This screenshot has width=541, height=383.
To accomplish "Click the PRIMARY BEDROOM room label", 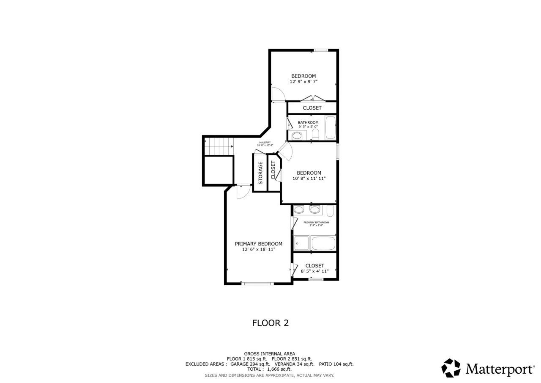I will [258, 244].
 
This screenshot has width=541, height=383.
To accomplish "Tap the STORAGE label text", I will [260, 173].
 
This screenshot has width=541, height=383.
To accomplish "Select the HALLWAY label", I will [265, 142].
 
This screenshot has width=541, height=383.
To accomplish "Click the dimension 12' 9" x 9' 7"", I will [303, 82].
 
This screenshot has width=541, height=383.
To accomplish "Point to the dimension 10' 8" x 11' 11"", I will [309, 179].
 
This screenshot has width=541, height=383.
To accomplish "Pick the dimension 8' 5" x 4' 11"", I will [314, 271].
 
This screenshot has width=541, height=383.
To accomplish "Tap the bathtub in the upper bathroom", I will [331, 128].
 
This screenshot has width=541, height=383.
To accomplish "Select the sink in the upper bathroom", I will [297, 136].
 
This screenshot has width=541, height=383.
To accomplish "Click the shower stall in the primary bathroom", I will [302, 244].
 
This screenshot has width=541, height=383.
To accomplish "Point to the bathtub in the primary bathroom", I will [323, 244].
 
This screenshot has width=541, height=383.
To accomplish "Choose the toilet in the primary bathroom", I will [330, 210].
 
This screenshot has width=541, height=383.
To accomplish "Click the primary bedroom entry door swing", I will [243, 192].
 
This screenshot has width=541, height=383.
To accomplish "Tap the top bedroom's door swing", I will [278, 94].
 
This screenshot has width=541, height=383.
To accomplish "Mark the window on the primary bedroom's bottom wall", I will [257, 284].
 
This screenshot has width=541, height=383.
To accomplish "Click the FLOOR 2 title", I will [270, 323].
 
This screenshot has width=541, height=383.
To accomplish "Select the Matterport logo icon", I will [451, 368].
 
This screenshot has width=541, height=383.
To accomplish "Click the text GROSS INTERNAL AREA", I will [269, 354].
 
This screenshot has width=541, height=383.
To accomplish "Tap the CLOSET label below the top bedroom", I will [312, 108].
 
